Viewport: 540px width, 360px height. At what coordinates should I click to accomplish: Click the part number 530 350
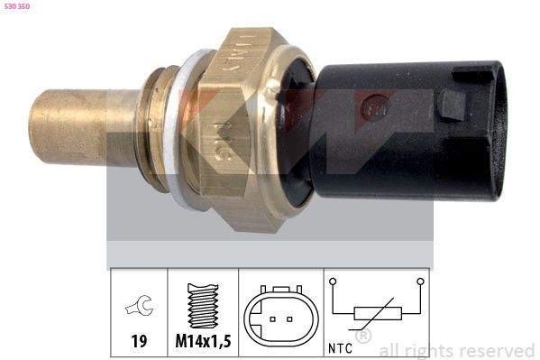coord(17,7)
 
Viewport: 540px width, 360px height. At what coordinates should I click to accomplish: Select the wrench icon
coord(139,308)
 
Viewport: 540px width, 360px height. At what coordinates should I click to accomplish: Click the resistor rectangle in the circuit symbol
coord(377,314)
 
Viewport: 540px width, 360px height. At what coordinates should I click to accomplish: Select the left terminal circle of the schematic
coord(335,282)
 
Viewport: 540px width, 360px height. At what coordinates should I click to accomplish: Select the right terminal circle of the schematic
coord(419,282)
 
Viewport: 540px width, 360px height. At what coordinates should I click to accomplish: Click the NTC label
coord(341,346)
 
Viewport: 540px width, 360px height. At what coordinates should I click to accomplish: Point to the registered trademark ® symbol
coord(363,337)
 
